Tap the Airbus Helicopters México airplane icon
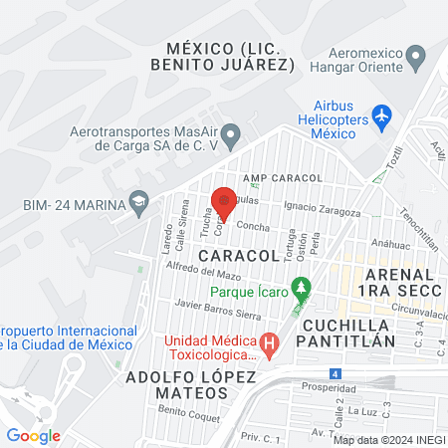tap(381, 116)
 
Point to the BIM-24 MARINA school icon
tap(138, 205)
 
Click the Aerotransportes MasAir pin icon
tap(231, 133)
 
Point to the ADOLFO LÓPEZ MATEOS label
tap(191, 385)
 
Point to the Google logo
tap(33, 436)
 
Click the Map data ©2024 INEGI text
tap(388, 440)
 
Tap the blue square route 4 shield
tap(335, 373)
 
